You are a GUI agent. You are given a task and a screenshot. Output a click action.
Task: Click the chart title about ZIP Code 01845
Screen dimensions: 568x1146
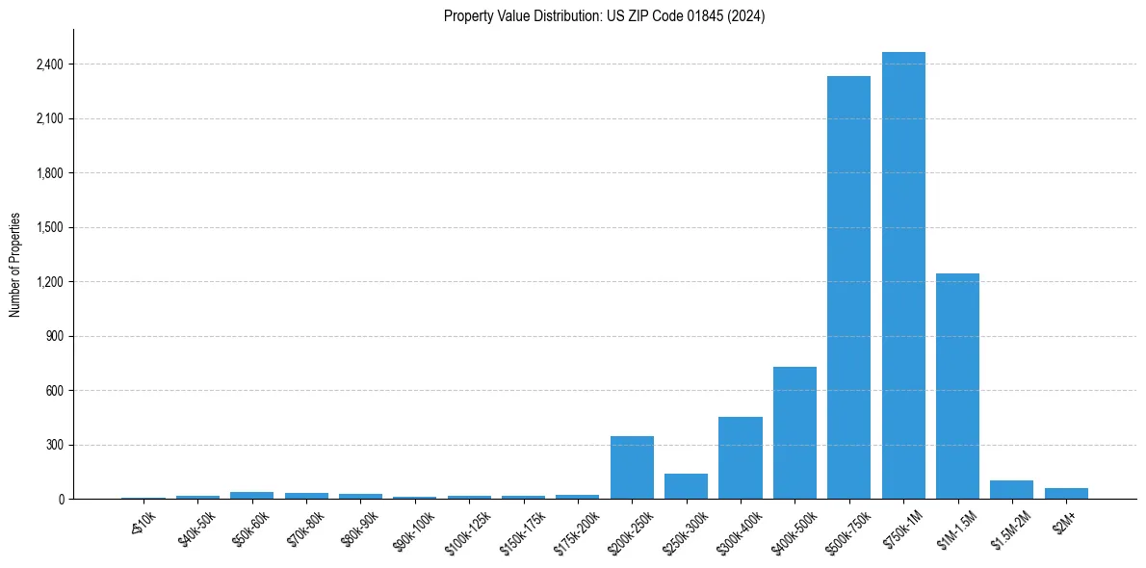pos(604,16)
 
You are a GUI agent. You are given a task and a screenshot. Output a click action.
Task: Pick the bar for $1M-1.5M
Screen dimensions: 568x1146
pos(957,386)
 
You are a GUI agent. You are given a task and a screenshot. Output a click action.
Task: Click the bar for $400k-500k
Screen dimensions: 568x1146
pos(794,433)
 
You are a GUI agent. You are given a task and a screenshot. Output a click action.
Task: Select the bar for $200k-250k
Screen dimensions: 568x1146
pos(632,468)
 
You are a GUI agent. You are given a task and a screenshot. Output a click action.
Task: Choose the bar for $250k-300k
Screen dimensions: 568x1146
pos(686,486)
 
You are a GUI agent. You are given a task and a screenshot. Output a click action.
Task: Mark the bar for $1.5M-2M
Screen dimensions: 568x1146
pos(1011,490)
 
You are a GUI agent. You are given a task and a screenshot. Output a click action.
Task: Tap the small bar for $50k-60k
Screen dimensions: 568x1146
pos(251,495)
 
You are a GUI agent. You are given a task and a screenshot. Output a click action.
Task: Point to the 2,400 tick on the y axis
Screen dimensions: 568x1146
pos(48,65)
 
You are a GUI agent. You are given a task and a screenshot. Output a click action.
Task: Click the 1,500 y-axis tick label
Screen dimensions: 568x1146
pos(48,228)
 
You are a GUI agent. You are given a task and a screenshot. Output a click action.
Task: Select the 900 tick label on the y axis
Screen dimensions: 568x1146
pos(53,337)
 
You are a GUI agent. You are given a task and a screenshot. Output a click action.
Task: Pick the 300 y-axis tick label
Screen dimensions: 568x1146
pos(53,446)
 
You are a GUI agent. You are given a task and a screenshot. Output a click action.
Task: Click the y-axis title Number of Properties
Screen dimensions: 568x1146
pos(15,265)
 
